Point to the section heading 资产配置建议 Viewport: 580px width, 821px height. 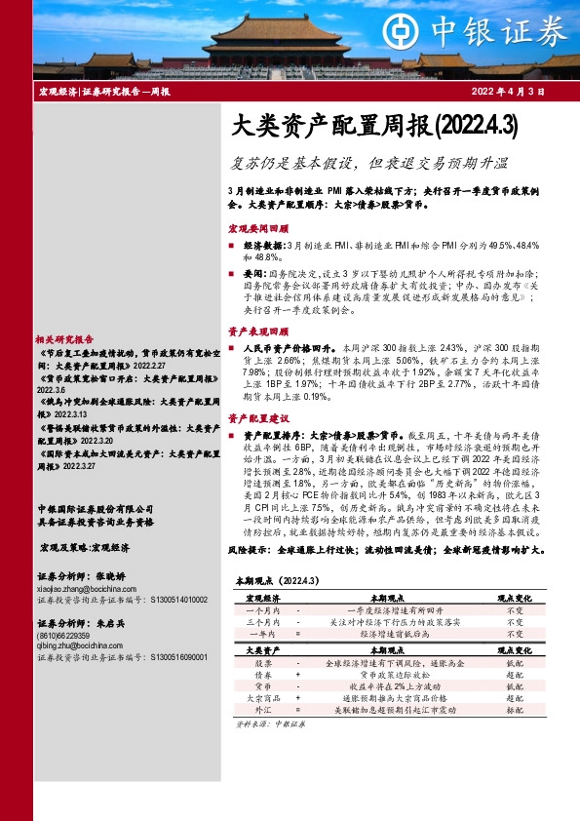click(254, 417)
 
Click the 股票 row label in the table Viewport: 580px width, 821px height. click(262, 662)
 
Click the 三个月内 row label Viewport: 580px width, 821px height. click(262, 620)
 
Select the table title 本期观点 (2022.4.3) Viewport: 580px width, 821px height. click(271, 580)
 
